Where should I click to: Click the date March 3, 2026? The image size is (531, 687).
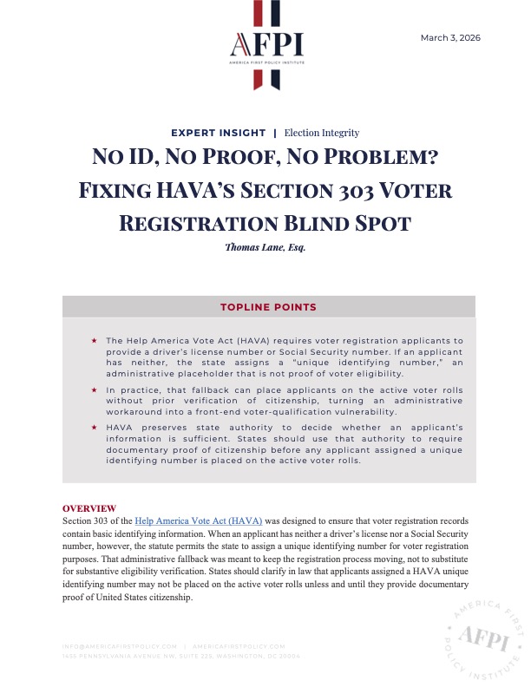(450, 38)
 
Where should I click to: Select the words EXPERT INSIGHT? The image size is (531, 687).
(219, 133)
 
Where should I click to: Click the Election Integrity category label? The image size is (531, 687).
(322, 133)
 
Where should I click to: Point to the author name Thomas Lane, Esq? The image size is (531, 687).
(265, 247)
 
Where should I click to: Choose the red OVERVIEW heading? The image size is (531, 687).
(90, 507)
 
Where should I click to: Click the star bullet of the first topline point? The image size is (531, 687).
(94, 341)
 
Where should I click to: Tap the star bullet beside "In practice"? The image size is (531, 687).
(94, 391)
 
